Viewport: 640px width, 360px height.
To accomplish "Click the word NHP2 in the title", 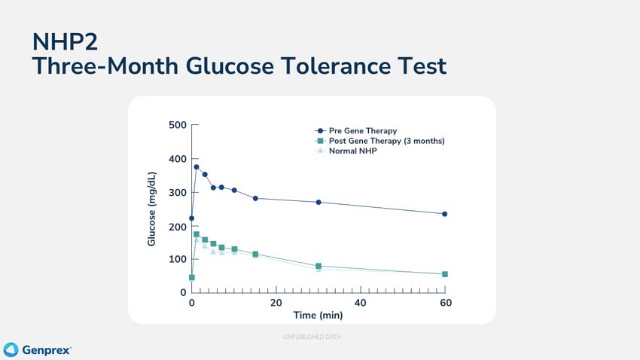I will pos(65,41).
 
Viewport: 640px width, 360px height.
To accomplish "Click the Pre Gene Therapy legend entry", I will pos(362,131).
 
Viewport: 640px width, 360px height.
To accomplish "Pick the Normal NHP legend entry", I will pos(352,151).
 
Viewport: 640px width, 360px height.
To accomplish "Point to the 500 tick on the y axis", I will pos(177,125).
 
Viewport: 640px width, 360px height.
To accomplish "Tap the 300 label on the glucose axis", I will pos(177,193).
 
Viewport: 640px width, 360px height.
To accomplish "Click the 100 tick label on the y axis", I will pos(177,259).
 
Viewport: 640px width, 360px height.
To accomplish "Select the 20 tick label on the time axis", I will pos(276,303).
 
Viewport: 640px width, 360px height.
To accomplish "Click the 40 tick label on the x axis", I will pos(361,303).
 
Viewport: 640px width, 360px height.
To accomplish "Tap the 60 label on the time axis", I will pos(446,303).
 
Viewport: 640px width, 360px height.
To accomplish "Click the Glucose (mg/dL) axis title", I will pos(151,209).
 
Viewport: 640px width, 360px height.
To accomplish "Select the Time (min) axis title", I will pos(318,315).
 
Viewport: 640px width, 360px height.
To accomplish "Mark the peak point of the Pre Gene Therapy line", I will pos(197,167).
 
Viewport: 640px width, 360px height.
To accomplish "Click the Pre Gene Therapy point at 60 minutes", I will pos(445,214).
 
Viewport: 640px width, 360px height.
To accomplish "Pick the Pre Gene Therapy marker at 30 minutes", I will pos(318,202).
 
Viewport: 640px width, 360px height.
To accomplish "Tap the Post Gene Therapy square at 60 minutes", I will pos(445,274).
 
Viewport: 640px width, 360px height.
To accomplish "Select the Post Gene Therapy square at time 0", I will pos(192,278).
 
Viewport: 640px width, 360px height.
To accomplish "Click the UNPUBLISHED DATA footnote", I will pos(312,337).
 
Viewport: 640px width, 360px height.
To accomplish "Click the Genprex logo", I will pos(38,350).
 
